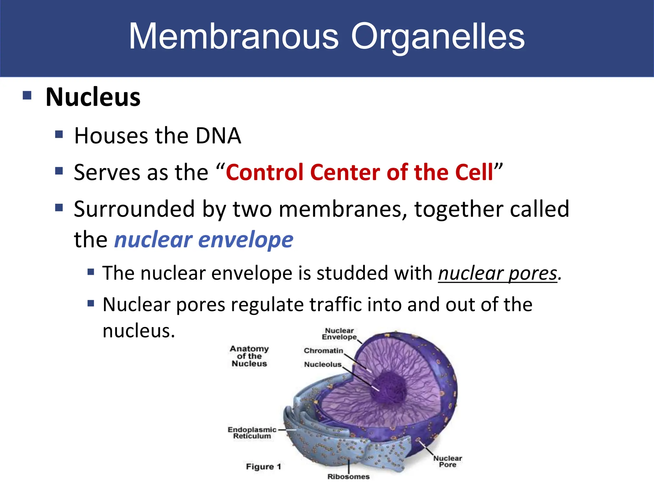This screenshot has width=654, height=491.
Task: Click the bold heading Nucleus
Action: coord(93,97)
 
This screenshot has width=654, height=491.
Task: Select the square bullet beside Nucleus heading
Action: coord(27,96)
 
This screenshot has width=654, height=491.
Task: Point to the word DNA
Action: coord(218,136)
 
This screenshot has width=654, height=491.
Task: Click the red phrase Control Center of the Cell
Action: coord(360,173)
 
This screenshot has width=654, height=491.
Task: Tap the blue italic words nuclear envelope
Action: coord(204,240)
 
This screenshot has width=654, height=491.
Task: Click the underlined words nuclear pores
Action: coord(498,274)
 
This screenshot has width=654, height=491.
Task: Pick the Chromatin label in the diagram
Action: coord(323,351)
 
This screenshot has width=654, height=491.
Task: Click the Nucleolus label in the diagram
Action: coord(323,364)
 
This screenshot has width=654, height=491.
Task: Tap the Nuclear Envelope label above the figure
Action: coord(339,334)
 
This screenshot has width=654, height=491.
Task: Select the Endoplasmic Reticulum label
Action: coord(252,433)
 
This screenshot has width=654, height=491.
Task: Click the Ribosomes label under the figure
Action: coord(348,477)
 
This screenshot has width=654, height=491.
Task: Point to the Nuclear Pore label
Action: coord(447,461)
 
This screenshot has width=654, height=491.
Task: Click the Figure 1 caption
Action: coord(263,467)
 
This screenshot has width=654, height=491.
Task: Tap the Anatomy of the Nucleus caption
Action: coord(249,356)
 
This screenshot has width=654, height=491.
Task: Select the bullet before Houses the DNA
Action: coord(59,134)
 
